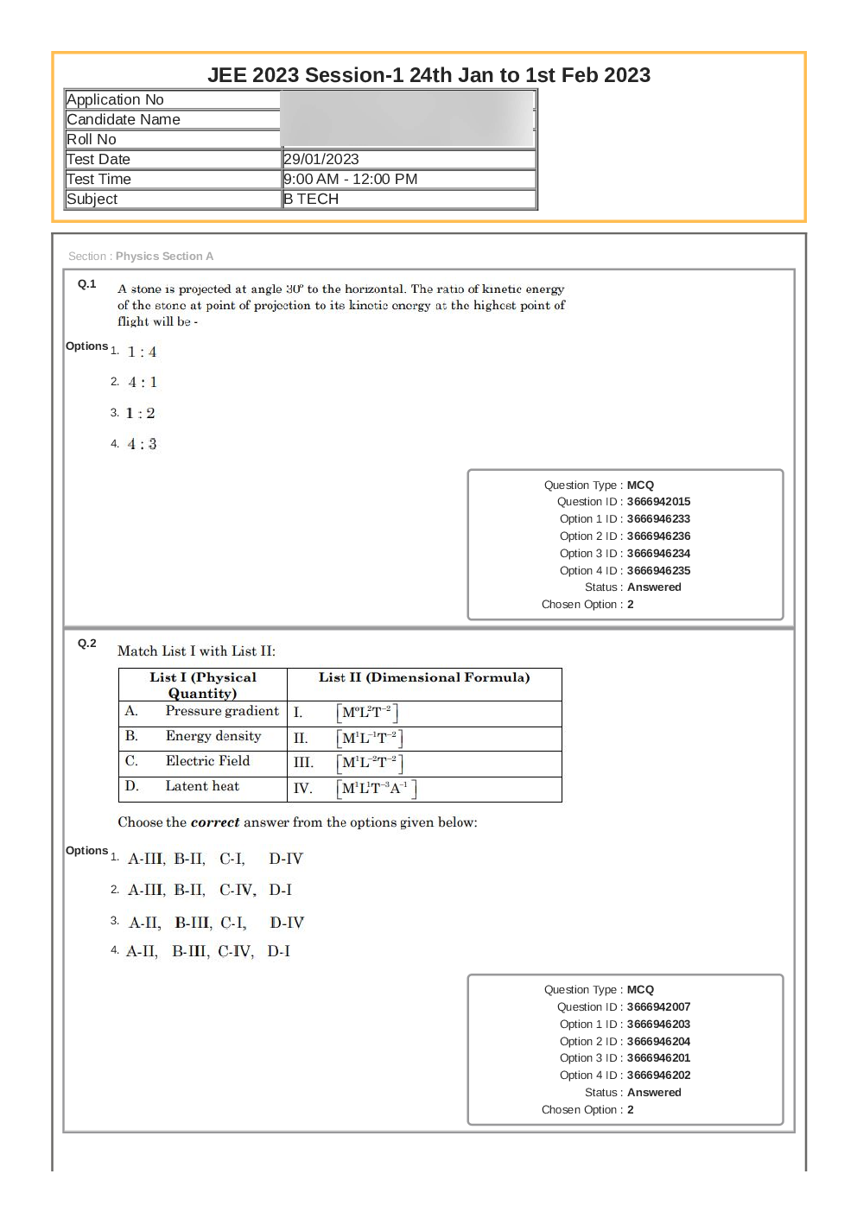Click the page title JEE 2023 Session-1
point(428,75)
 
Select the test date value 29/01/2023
point(321,159)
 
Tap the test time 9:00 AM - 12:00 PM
point(351,179)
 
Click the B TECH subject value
point(311,199)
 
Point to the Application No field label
point(115,99)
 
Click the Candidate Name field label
point(124,119)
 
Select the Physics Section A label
point(164,257)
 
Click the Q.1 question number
point(87,284)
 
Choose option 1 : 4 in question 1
point(143,352)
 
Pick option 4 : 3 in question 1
point(143,444)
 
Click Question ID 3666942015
point(658,502)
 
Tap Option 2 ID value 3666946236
point(658,536)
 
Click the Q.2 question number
point(87,644)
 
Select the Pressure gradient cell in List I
point(222,711)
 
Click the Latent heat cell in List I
point(202,786)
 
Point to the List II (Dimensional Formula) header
point(424,677)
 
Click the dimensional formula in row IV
point(377,788)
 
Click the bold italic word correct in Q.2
point(214,822)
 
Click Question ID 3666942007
point(658,1007)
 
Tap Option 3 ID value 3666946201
point(658,1058)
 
